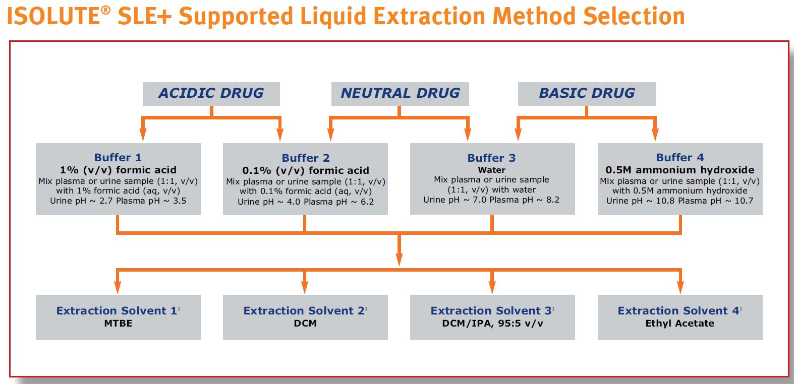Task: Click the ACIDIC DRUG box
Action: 211,93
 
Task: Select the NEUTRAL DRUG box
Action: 400,93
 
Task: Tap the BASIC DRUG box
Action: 587,93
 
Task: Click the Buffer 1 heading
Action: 118,158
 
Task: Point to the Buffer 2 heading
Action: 305,158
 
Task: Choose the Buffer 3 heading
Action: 492,158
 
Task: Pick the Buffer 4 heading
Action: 679,158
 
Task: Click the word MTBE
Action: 118,324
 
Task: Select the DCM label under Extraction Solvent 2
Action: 305,324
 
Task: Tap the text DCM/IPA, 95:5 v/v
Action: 492,324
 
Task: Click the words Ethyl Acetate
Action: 679,324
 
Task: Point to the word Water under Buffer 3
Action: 492,170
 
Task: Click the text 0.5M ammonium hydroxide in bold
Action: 679,170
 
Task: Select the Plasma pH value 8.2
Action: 552,200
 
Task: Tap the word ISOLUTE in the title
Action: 52,17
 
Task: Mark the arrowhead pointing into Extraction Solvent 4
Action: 680,287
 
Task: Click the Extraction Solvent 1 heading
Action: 117,311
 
